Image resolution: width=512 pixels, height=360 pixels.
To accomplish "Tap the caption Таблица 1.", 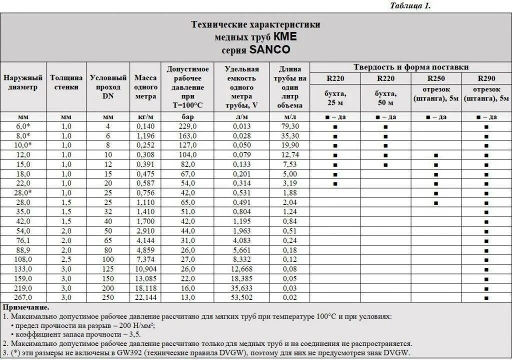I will (409, 6).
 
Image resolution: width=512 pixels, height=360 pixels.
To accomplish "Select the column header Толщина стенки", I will (66, 82).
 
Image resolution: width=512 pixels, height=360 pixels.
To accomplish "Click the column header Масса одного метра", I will (145, 87).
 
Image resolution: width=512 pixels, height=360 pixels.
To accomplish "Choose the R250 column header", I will (436, 78).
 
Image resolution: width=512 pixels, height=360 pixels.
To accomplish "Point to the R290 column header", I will (486, 78).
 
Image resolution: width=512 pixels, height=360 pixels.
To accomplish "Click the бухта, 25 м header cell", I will (335, 98).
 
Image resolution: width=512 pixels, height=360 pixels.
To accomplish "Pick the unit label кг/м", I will (145, 117).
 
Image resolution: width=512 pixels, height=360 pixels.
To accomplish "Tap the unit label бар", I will (188, 117).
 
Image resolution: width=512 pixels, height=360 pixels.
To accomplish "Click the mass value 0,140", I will (145, 126).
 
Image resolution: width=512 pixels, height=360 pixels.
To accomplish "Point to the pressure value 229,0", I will (188, 126).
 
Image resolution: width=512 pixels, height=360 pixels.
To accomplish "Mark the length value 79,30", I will (290, 126).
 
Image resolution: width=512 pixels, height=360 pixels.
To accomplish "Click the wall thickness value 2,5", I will (66, 259).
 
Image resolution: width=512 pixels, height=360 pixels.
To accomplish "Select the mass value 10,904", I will (145, 269).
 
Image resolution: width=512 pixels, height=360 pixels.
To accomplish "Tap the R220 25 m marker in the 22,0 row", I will (335, 183).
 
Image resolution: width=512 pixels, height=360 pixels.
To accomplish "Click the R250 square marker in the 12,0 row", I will (436, 155).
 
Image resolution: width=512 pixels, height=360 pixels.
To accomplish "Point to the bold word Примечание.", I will (26, 307).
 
